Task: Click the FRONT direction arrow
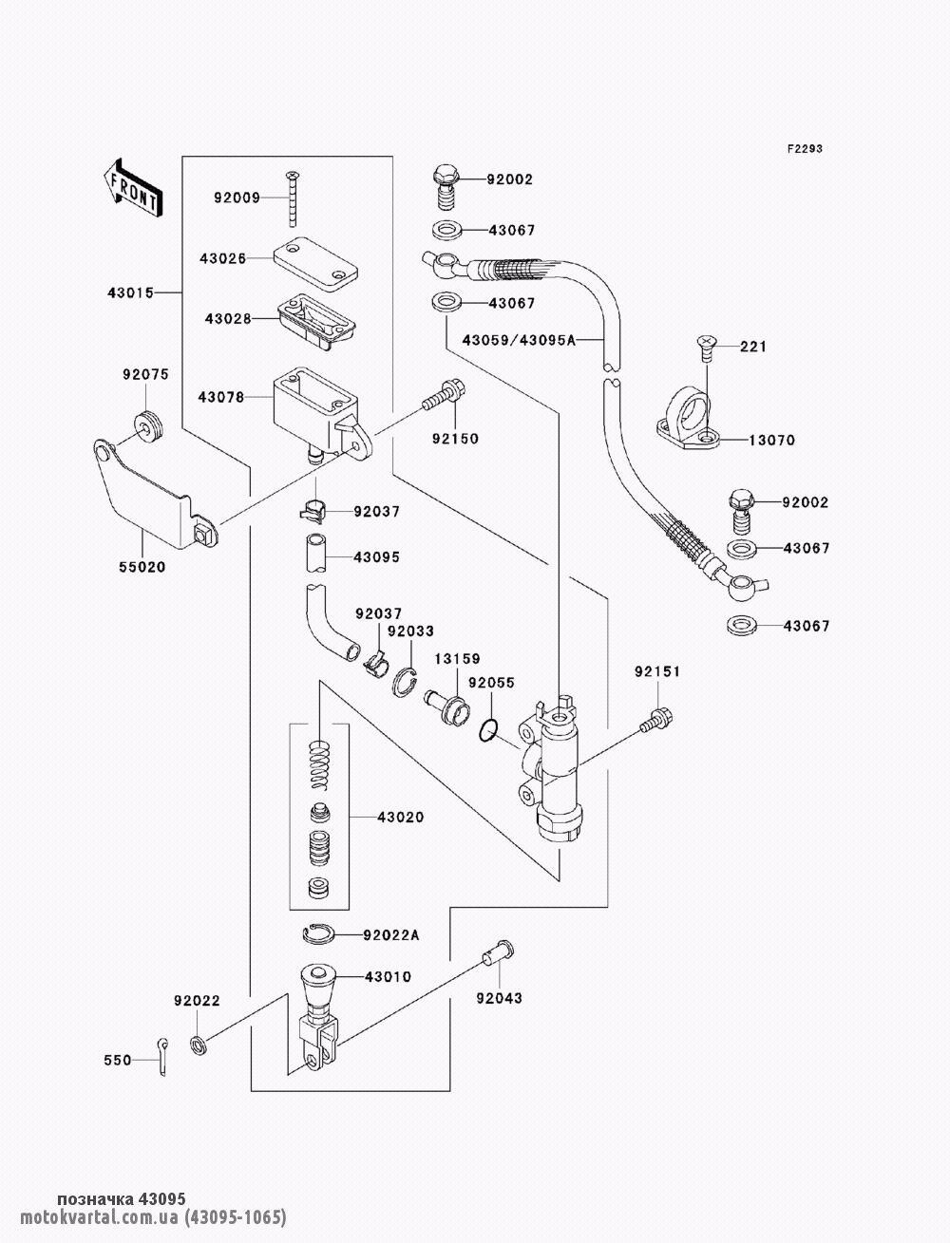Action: coord(132,186)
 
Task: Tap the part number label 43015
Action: coord(129,292)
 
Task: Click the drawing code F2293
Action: coord(803,149)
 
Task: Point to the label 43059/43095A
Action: coord(519,340)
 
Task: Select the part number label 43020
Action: coord(400,818)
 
